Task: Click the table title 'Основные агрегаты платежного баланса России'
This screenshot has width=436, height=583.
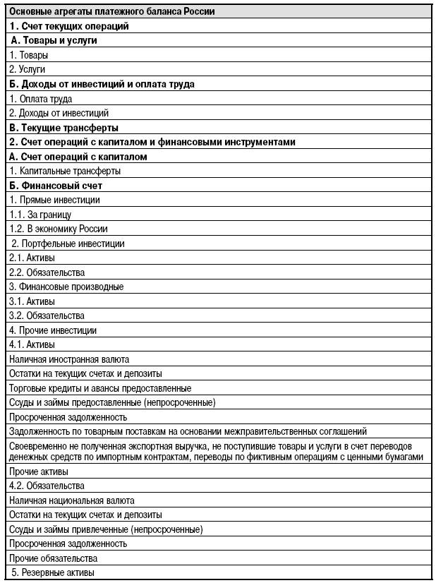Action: point(112,11)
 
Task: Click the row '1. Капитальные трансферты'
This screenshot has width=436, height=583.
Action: point(64,171)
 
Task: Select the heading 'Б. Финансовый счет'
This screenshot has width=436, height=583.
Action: point(56,186)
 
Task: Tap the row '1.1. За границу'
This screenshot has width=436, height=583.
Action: point(40,215)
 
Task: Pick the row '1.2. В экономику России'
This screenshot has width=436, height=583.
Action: point(59,229)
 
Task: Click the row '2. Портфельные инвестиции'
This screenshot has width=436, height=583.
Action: point(68,244)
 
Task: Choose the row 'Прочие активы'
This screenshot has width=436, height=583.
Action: point(39,471)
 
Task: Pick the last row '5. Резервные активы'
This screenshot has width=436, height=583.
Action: point(53,572)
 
